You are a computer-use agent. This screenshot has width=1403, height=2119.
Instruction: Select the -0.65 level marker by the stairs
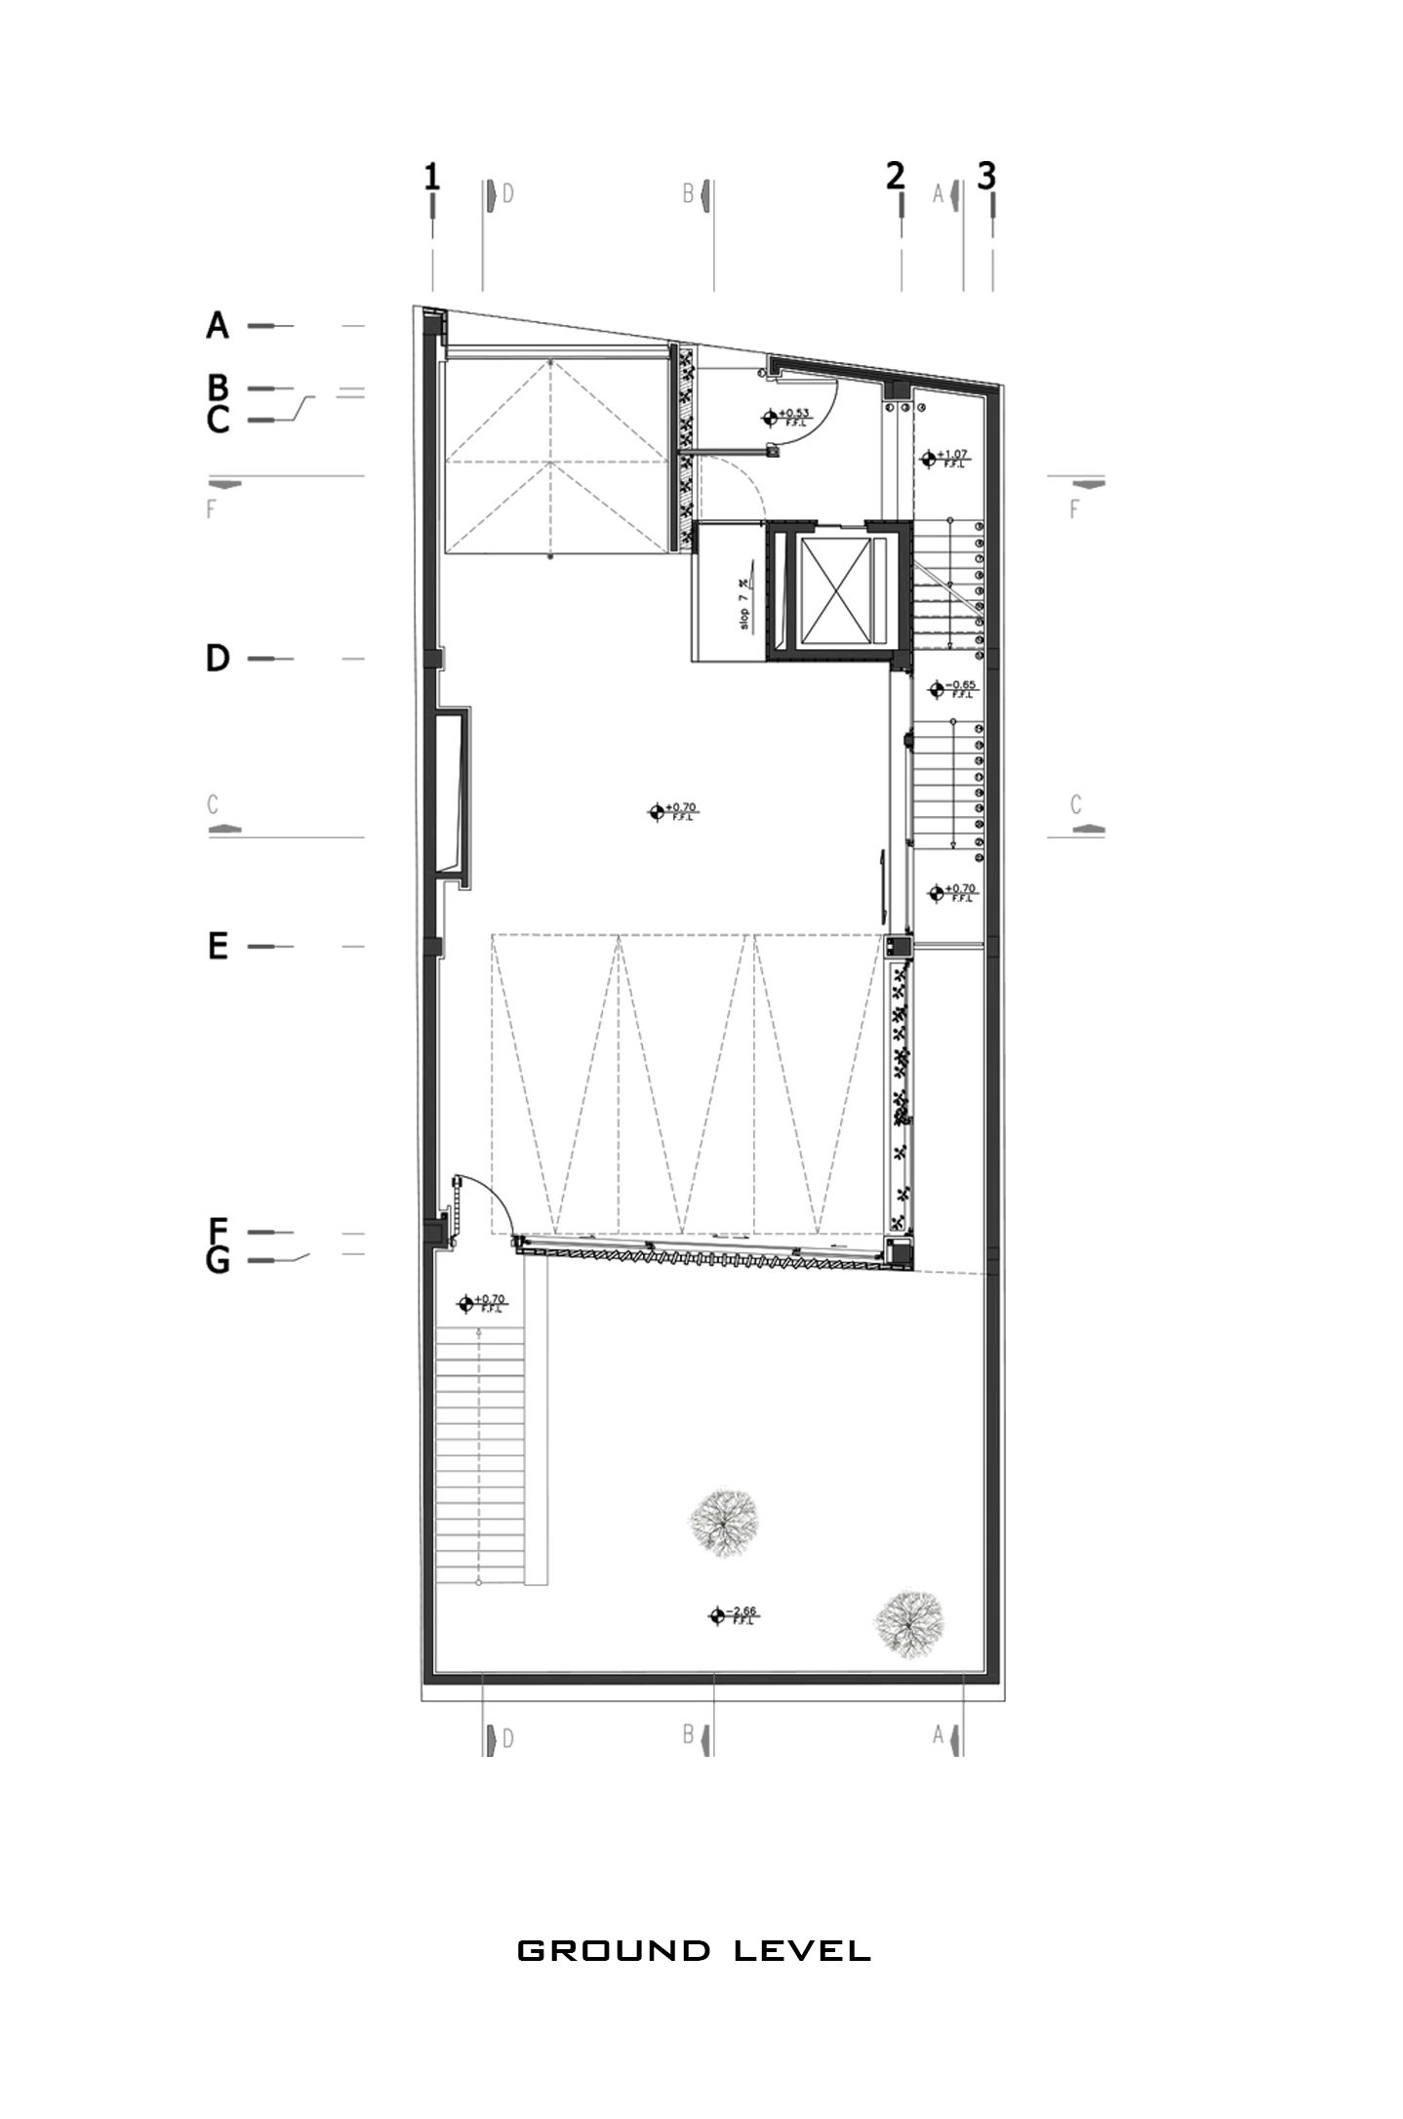pos(953,689)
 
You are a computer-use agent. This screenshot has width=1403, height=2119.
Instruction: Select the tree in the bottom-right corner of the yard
pos(909,1621)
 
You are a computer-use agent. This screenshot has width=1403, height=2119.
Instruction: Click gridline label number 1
pos(431,177)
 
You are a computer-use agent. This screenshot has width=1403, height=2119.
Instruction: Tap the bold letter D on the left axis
pos(218,659)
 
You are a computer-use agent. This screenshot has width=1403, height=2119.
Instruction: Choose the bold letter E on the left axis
pos(218,946)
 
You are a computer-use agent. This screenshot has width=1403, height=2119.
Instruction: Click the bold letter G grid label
pos(218,1261)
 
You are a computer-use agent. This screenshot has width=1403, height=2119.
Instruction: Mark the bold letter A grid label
pos(218,325)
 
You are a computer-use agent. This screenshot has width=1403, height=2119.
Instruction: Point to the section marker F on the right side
pos(1075,508)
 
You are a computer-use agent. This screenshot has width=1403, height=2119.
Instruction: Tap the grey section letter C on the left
pos(213,806)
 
